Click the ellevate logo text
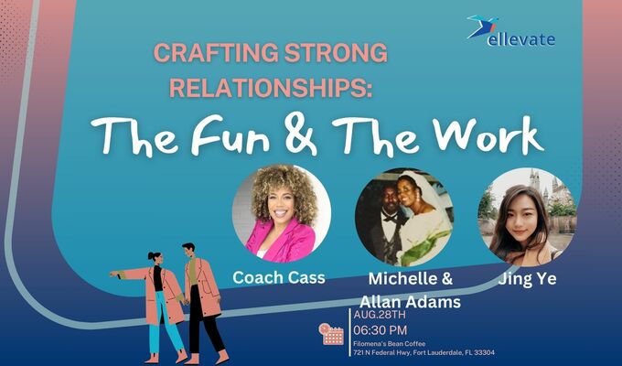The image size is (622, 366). click(x=522, y=39)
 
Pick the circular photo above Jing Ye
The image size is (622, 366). click(x=525, y=216)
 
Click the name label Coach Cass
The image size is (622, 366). click(x=279, y=277)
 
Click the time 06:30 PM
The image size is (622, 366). click(x=380, y=329)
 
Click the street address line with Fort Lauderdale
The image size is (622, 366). click(x=424, y=353)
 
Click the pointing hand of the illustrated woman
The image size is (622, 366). click(x=113, y=273)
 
